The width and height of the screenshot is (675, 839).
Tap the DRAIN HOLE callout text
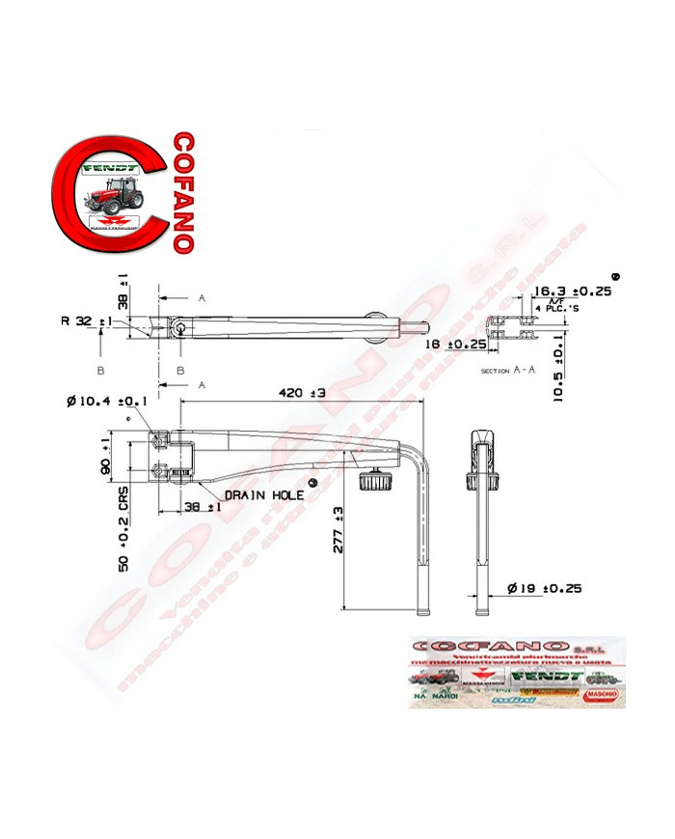click(x=264, y=494)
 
